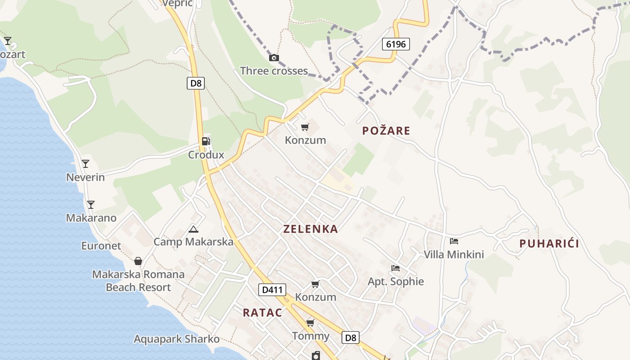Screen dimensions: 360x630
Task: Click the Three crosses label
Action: coord(274,71)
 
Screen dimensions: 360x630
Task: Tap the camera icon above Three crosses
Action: coord(274,58)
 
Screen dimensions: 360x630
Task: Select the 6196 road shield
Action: coord(396,44)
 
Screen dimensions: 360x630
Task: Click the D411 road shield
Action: coord(272,290)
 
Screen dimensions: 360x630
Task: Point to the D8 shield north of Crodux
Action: coord(196,83)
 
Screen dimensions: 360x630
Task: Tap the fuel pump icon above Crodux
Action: coord(206,141)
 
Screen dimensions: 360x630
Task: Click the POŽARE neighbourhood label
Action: coord(386,131)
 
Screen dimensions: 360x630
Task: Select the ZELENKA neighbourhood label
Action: coord(310,229)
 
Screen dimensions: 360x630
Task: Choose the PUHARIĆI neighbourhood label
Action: coord(549,244)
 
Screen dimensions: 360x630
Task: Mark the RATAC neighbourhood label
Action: coord(262,313)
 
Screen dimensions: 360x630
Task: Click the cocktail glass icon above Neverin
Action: coord(85,164)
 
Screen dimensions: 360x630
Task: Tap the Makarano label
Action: coord(91,218)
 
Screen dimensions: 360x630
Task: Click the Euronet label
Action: coord(101,246)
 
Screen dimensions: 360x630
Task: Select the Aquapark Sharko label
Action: coord(176,339)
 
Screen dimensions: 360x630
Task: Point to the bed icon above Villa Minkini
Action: coord(454,242)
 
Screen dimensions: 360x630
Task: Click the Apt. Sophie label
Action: coord(396,282)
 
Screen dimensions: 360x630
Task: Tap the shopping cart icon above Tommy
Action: coord(310,323)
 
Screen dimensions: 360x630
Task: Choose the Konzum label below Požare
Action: coord(306,140)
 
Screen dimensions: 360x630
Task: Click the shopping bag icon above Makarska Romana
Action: coord(138,261)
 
